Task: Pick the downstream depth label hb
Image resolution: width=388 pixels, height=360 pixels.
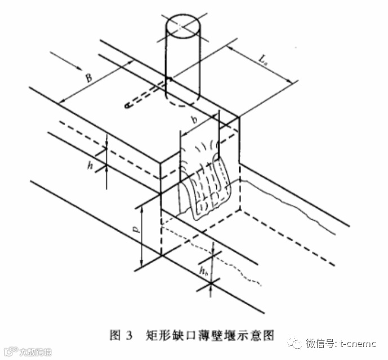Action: pos(203,272)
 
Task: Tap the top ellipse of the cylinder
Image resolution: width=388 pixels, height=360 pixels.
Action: pos(182,25)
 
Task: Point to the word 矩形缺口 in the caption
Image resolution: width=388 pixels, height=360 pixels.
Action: pos(172,336)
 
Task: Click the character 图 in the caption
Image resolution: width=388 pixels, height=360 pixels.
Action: pos(114,336)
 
